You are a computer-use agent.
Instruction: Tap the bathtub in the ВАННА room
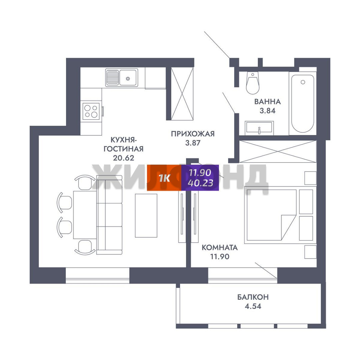pyautogui.click(x=303, y=104)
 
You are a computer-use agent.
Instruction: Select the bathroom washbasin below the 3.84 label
pyautogui.click(x=259, y=128)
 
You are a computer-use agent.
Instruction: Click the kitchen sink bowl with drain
pyautogui.click(x=128, y=78)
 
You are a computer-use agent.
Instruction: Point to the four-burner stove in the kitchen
pyautogui.click(x=91, y=111)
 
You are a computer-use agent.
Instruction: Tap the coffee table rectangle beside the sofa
pyautogui.click(x=146, y=215)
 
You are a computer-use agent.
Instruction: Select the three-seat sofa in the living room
pyautogui.click(x=109, y=215)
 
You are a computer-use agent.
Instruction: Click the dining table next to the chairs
pyautogui.click(x=85, y=215)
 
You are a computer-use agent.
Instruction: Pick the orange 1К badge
pyautogui.click(x=164, y=178)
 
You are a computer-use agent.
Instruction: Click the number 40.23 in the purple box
pyautogui.click(x=200, y=183)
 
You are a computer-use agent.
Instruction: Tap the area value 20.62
pyautogui.click(x=124, y=158)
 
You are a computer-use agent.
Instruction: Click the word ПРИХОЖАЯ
pyautogui.click(x=193, y=134)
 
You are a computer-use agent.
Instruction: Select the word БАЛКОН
pyautogui.click(x=253, y=297)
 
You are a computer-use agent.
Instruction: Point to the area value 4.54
pyautogui.click(x=253, y=306)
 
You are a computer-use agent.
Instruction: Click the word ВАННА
pyautogui.click(x=267, y=101)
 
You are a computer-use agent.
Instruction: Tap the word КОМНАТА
pyautogui.click(x=220, y=247)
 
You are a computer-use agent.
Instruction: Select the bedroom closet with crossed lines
pyautogui.click(x=278, y=152)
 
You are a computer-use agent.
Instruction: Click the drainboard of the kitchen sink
pyautogui.click(x=113, y=78)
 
